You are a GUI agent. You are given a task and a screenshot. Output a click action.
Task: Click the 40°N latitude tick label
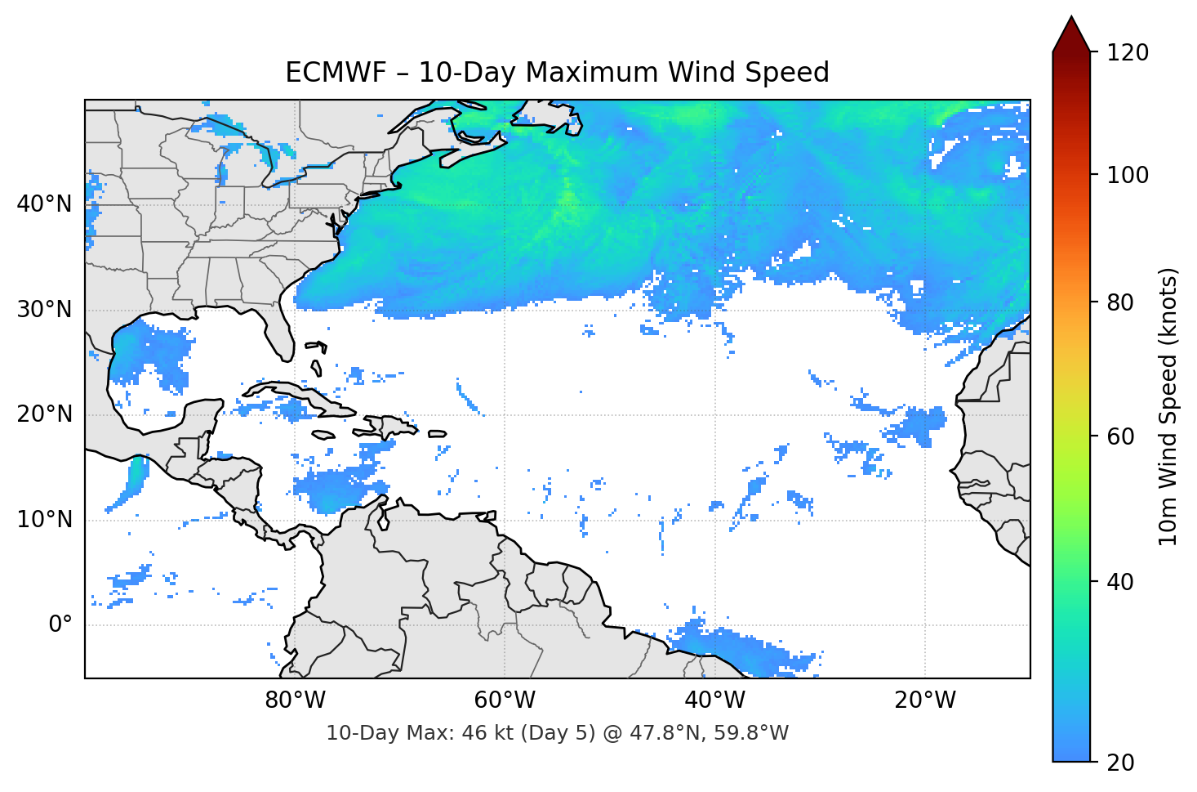coord(44,204)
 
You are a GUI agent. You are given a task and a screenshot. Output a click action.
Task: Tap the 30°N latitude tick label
coord(44,310)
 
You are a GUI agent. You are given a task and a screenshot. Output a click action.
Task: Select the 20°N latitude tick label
coord(44,414)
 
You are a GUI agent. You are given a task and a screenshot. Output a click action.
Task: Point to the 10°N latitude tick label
coord(44,520)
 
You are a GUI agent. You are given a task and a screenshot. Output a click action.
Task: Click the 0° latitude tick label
coord(60,625)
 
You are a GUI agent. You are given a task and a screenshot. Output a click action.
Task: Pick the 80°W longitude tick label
coord(295,700)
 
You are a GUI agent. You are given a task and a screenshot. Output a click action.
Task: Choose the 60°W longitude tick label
coord(505,700)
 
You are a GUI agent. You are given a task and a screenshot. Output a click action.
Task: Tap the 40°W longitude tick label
coord(714,700)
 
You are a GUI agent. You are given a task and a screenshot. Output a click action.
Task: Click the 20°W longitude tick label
coord(925,700)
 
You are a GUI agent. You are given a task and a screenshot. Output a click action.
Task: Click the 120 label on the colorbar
coord(1128,53)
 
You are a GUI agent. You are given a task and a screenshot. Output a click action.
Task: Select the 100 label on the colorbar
coord(1128,175)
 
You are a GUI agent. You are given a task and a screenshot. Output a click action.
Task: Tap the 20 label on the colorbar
coord(1120,763)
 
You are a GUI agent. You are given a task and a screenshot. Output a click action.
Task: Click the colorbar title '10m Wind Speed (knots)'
coord(1168,407)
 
